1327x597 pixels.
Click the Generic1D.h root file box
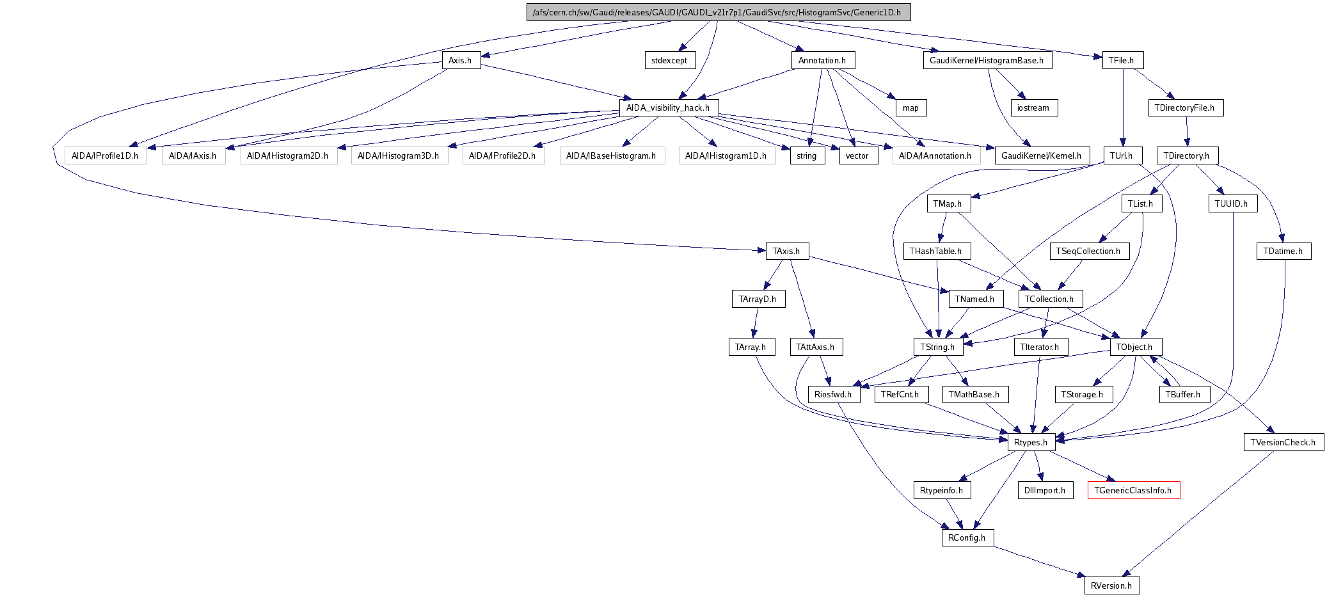[718, 12]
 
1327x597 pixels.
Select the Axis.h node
[461, 61]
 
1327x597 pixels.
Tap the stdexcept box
[669, 61]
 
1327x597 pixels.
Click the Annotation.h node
[822, 61]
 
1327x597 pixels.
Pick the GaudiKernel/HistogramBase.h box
[987, 61]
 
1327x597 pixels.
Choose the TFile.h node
[1122, 61]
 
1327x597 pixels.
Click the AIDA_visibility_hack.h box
[668, 108]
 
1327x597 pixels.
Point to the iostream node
[1033, 108]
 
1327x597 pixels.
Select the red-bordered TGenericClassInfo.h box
[1133, 491]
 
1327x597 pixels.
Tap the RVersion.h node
[1111, 586]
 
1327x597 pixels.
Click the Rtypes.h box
[1031, 443]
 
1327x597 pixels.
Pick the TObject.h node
[1134, 347]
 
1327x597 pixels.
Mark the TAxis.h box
[786, 251]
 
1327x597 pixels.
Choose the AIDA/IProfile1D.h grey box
[105, 156]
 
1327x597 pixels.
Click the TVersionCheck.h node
[1283, 443]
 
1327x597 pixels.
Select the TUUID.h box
[1232, 204]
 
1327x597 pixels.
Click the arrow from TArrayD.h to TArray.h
[756, 322]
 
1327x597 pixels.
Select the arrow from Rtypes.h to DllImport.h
[1038, 466]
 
